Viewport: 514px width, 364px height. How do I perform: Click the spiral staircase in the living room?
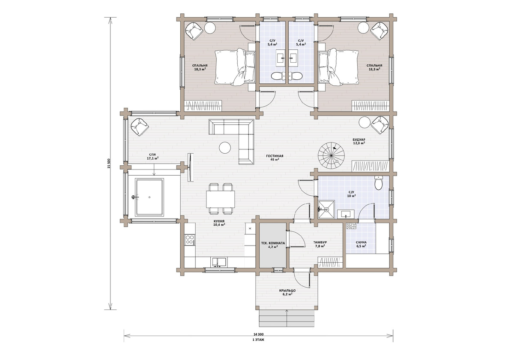tap(331, 156)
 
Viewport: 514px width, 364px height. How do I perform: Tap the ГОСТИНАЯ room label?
tap(275, 156)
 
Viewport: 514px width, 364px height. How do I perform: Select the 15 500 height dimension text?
tap(109, 164)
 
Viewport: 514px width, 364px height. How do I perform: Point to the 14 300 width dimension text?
tap(258, 334)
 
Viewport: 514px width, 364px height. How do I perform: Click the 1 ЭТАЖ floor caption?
tap(258, 340)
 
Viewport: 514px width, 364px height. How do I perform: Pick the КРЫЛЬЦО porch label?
tap(287, 291)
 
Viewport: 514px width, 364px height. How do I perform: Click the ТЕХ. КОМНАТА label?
tap(273, 243)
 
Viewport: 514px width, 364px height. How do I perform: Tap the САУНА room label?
tap(361, 243)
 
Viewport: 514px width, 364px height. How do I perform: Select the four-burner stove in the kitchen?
tap(190, 240)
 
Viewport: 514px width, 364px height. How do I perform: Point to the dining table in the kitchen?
tap(221, 199)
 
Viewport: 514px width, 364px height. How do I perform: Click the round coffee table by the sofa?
tap(225, 148)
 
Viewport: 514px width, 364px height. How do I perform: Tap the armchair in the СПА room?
tap(139, 127)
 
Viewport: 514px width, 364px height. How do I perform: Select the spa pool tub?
tap(149, 197)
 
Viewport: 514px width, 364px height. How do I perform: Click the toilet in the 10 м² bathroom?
tap(378, 183)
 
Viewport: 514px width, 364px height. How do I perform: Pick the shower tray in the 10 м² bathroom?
tap(326, 209)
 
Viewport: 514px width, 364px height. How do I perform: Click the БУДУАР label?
tap(359, 140)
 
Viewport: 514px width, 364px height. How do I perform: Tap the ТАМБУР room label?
tap(320, 243)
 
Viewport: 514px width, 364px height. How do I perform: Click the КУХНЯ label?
tap(219, 221)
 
